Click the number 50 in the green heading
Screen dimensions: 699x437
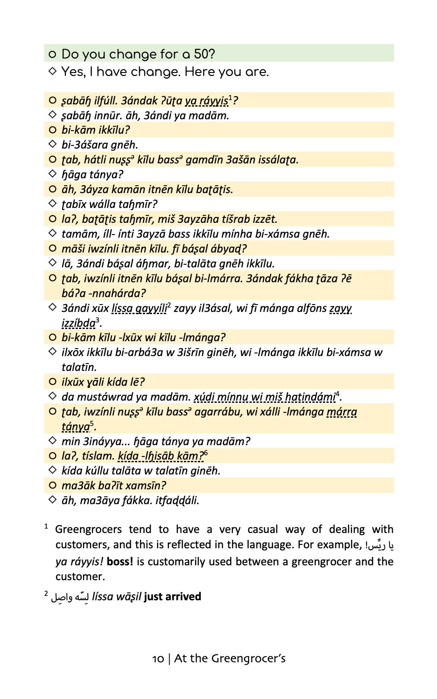(204, 54)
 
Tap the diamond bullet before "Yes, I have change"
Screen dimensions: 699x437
(52, 71)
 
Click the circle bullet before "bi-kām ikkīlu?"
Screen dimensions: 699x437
(52, 130)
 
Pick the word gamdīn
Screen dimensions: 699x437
(204, 160)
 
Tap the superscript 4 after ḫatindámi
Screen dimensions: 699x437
(337, 394)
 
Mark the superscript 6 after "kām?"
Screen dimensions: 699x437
(206, 453)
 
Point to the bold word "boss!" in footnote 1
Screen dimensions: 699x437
(120, 561)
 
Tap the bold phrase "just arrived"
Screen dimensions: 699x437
(173, 597)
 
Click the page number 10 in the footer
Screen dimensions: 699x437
(158, 659)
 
